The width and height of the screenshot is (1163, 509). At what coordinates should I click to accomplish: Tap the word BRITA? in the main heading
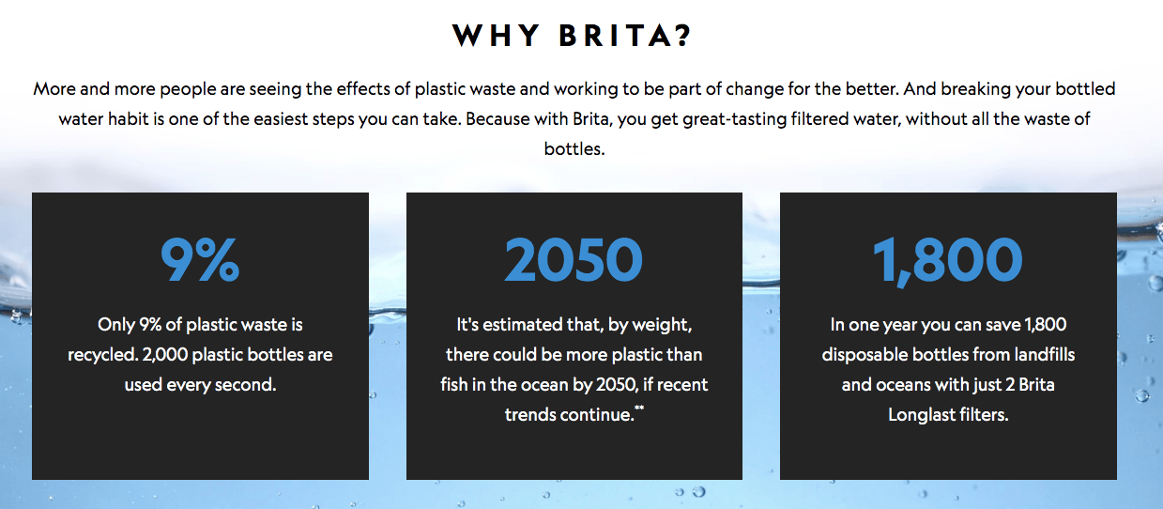click(x=624, y=36)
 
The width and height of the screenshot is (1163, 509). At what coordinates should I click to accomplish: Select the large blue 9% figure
click(x=200, y=260)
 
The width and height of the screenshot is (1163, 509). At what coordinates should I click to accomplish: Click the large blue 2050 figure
click(x=574, y=260)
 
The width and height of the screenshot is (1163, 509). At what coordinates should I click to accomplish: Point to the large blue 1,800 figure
click(x=948, y=261)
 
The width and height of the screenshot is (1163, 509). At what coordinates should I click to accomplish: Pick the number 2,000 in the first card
click(x=165, y=355)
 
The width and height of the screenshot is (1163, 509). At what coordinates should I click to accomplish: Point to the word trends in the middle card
click(x=528, y=415)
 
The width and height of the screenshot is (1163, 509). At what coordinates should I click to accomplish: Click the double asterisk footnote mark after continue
click(x=639, y=409)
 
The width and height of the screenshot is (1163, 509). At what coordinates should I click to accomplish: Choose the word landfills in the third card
click(x=1044, y=355)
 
